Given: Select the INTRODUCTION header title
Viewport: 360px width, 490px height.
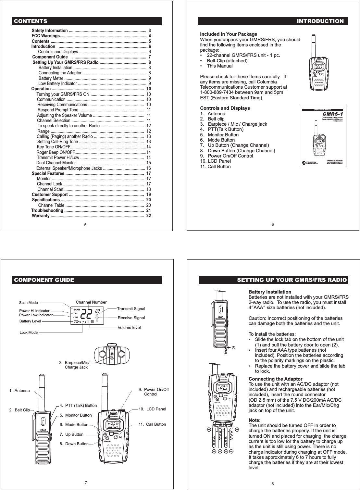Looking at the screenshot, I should click(320, 21).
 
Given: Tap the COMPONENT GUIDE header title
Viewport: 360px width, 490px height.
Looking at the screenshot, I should click(43, 280).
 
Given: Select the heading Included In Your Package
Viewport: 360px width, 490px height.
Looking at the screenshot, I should click(229, 34).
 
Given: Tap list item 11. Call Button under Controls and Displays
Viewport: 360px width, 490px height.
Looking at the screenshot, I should click(215, 167).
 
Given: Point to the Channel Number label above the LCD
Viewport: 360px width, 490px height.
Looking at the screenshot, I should click(91, 302).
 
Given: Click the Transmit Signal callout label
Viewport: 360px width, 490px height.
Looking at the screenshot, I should click(131, 309).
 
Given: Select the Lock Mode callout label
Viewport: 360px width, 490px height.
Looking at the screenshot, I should click(29, 333).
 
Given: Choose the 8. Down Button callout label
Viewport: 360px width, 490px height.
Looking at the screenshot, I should click(74, 444).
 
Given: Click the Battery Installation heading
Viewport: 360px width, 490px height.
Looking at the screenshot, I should click(269, 292).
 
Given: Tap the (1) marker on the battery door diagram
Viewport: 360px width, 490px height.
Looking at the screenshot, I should click(233, 347).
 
